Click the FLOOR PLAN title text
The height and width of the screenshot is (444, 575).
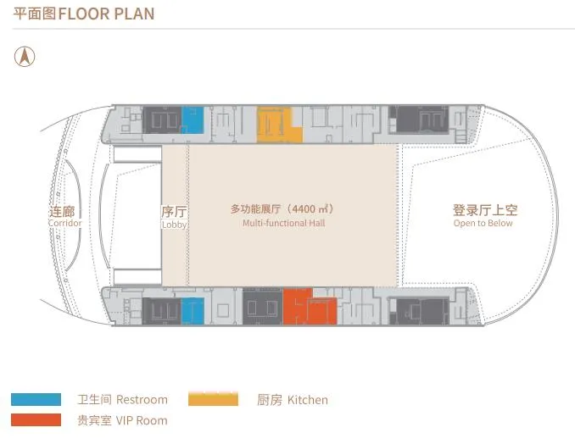106,14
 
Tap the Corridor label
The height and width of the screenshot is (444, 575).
65,223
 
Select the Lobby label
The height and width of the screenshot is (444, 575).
174,225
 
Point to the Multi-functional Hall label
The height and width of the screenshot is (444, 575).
283,224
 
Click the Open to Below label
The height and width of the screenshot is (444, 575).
483,224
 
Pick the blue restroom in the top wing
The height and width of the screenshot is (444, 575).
193,120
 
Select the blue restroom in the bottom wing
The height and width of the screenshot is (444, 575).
193,310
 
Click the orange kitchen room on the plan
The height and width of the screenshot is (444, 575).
279,125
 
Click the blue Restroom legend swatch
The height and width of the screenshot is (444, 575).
36,399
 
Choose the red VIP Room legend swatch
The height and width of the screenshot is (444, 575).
36,420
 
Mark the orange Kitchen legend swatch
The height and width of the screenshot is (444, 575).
213,399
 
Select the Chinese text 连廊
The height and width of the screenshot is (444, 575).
65,212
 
